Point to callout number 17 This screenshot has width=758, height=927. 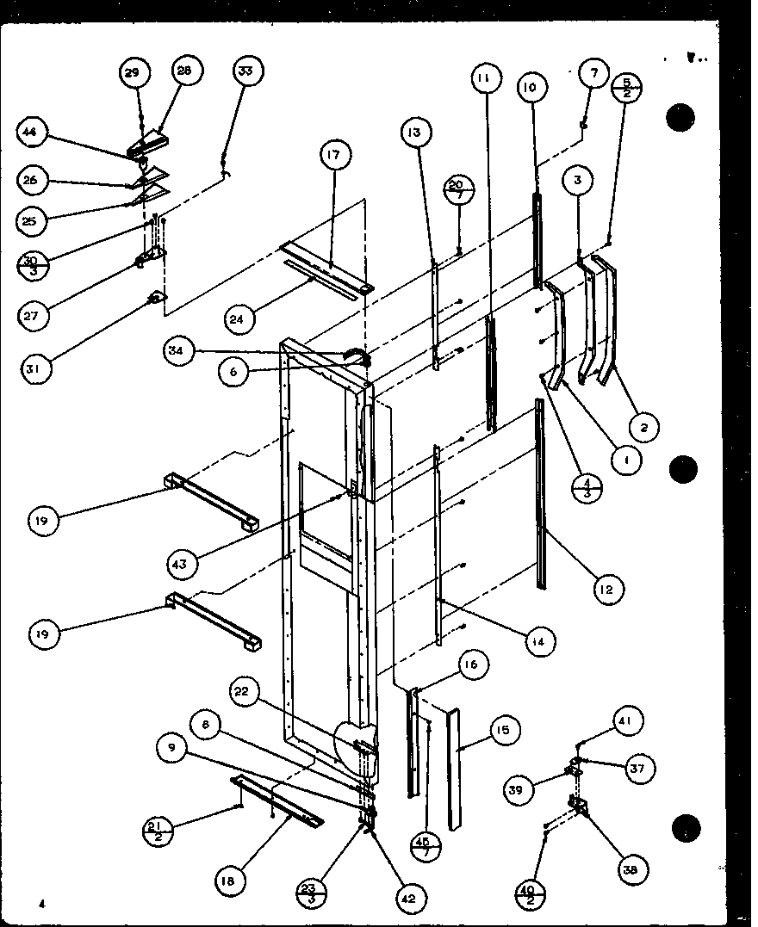[x=332, y=156]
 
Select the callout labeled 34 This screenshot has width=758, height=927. [x=176, y=350]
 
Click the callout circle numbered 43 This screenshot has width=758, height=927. [x=183, y=565]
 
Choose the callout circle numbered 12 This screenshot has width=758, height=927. [x=607, y=589]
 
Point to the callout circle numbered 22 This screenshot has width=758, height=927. [x=245, y=690]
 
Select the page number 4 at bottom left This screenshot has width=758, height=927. [x=40, y=903]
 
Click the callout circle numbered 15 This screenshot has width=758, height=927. [x=503, y=731]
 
